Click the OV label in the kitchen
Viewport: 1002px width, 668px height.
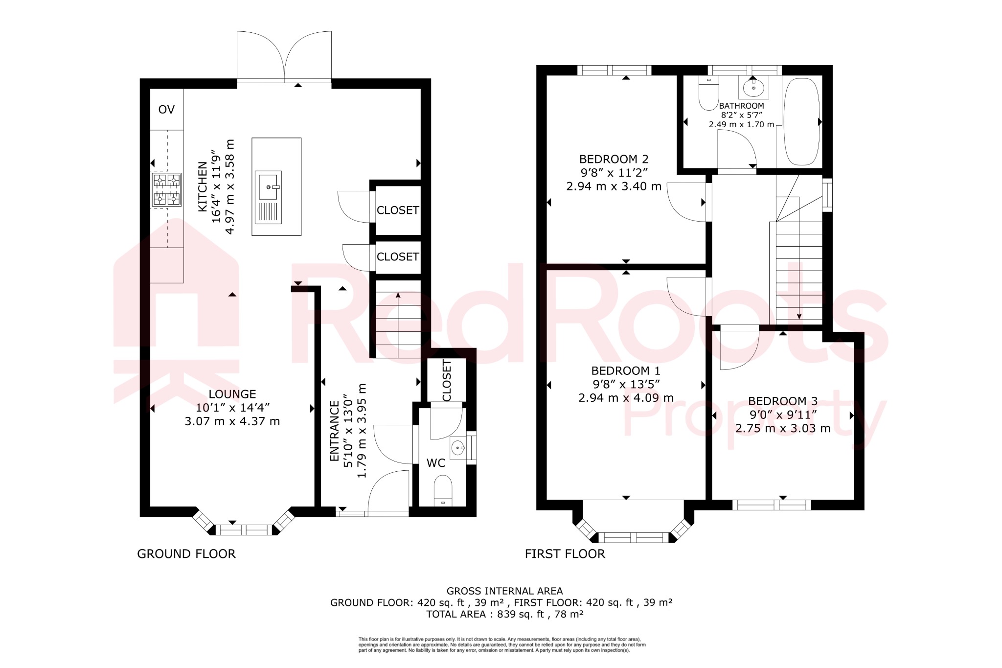tap(166, 110)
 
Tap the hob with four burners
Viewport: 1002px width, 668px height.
tap(166, 189)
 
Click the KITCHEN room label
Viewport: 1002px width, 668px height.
tap(202, 187)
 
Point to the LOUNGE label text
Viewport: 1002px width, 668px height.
tap(232, 394)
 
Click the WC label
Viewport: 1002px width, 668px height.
tap(436, 463)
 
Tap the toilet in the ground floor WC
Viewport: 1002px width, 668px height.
tap(443, 491)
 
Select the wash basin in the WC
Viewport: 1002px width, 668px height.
tap(458, 447)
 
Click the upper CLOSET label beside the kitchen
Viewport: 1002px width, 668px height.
tap(398, 210)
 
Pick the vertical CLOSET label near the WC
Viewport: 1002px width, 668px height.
tap(447, 381)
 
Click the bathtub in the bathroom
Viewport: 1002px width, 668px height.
tap(801, 121)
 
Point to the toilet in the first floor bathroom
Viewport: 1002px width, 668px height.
tap(708, 94)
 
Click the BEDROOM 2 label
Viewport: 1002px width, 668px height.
tap(614, 160)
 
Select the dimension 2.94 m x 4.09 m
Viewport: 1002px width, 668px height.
tap(626, 398)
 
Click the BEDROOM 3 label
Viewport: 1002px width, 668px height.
tap(782, 401)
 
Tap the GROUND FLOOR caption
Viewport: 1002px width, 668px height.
tap(186, 554)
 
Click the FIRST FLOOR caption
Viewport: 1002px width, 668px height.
tap(565, 554)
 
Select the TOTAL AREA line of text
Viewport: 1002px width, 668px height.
tap(504, 614)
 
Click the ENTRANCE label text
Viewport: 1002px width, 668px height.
tap(335, 431)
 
